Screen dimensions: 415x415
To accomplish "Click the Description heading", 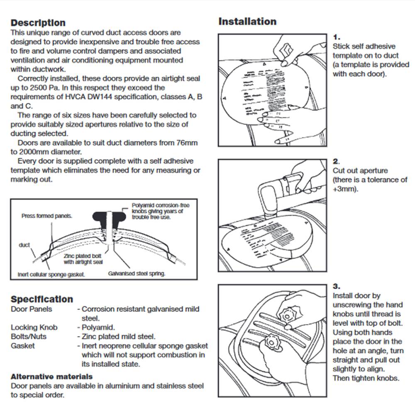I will pyautogui.click(x=38, y=23).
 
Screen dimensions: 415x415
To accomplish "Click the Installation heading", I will pyautogui.click(x=247, y=22).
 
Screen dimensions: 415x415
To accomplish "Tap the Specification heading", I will pyautogui.click(x=41, y=299).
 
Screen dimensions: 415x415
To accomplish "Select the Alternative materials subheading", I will pyautogui.click(x=51, y=377).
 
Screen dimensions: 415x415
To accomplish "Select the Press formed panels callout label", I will pyautogui.click(x=46, y=216).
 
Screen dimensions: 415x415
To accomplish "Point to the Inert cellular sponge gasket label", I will pyautogui.click(x=51, y=274).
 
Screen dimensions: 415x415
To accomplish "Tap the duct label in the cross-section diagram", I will pyautogui.click(x=24, y=245).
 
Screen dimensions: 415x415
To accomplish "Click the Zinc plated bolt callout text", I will pyautogui.click(x=83, y=259).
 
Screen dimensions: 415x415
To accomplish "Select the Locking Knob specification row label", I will pyautogui.click(x=34, y=327).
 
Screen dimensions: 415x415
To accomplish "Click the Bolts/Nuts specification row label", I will pyautogui.click(x=29, y=337).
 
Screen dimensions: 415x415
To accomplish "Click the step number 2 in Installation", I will pyautogui.click(x=336, y=161).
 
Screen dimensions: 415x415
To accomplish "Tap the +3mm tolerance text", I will pyautogui.click(x=345, y=189).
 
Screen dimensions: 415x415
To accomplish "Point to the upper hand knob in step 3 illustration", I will pyautogui.click(x=286, y=314).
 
